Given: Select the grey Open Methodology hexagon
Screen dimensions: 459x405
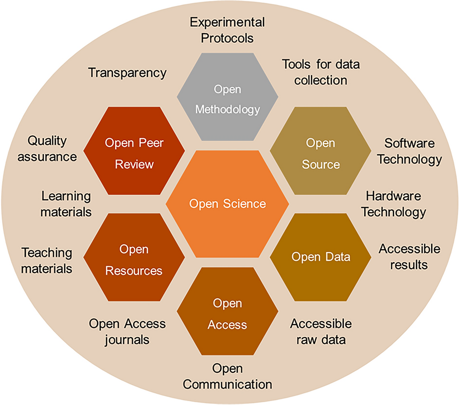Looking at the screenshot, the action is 228,100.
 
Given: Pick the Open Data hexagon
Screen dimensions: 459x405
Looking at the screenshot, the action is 320,257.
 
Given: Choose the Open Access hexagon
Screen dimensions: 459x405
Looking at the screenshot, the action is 228,314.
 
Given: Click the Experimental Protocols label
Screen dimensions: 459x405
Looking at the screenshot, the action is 227,29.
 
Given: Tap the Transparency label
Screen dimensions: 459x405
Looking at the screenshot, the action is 127,73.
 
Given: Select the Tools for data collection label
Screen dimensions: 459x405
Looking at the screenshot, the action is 321,72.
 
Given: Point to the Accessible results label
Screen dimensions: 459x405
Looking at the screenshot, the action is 409,257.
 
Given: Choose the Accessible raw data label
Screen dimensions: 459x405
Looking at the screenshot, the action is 320,331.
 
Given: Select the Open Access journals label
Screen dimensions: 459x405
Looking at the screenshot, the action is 127,331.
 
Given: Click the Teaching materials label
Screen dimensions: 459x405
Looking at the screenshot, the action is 47,260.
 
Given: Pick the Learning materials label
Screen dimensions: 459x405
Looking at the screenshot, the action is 66,204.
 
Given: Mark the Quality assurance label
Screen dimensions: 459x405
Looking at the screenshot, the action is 52,148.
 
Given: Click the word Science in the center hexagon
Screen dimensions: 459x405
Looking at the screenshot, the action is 245,203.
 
